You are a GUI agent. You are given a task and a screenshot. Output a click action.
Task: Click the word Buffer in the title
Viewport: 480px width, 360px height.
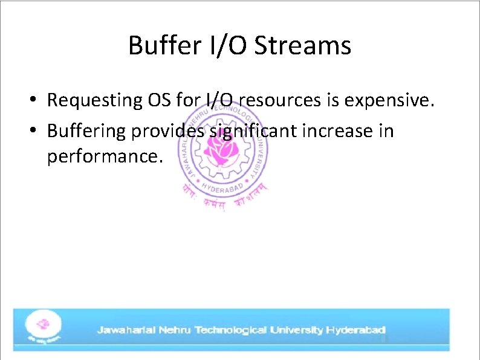click(161, 46)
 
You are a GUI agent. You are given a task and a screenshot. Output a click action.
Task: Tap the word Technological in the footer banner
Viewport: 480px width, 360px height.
click(230, 330)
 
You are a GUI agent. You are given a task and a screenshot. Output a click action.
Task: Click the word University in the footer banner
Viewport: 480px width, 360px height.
click(296, 330)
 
